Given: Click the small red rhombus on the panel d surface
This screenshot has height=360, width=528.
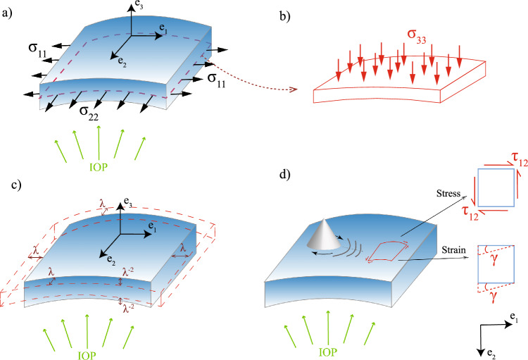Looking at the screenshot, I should (384, 252).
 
